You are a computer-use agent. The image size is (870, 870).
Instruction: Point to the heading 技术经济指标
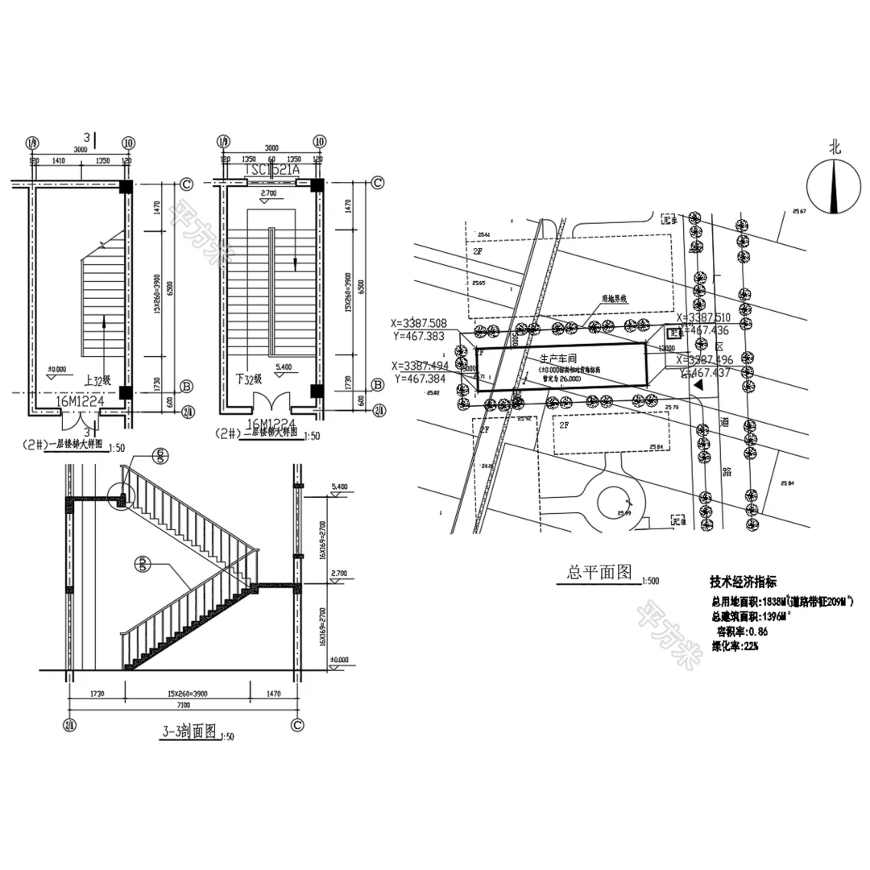click(744, 582)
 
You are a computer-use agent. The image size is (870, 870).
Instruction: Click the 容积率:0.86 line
click(744, 632)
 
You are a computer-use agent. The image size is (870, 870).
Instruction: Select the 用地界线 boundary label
click(615, 298)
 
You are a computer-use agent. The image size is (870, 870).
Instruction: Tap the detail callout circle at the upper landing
click(122, 497)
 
